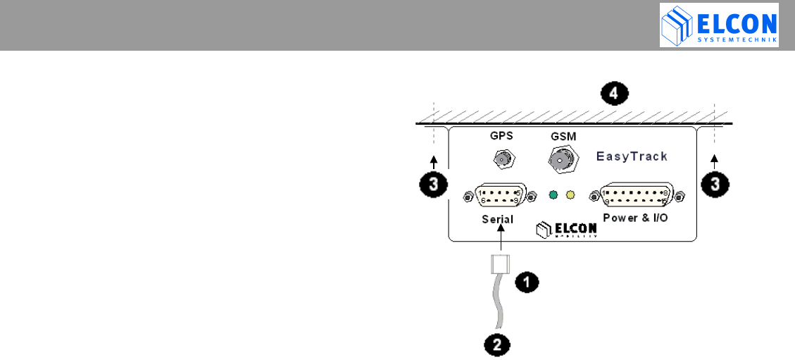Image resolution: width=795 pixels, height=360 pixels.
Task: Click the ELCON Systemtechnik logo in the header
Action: (719, 25)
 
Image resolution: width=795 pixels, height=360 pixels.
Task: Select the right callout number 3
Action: (715, 185)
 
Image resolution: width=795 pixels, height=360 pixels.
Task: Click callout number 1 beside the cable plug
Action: (527, 283)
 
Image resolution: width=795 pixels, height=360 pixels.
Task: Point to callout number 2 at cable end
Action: (497, 345)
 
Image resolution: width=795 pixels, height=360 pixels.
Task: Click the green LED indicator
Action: (554, 194)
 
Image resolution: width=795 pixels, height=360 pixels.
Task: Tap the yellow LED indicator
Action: (570, 194)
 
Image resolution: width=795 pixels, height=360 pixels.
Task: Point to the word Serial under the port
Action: (498, 219)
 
